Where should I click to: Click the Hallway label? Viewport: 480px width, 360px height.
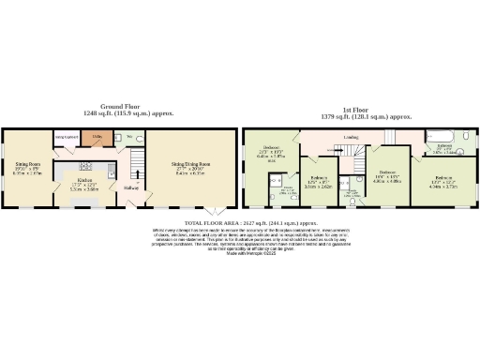(131, 186)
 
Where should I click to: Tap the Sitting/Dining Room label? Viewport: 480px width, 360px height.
(190, 165)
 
